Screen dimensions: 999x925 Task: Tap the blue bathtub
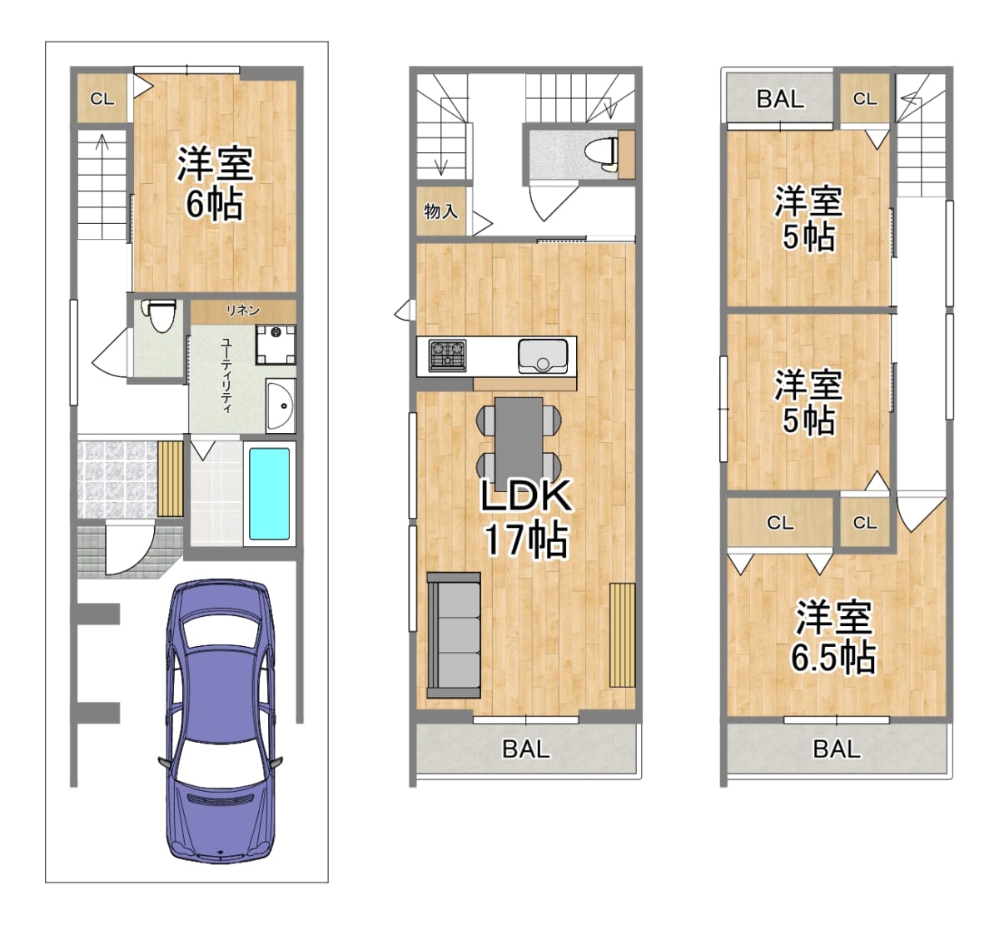pyautogui.click(x=269, y=494)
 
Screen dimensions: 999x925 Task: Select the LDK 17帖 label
pyautogui.click(x=525, y=519)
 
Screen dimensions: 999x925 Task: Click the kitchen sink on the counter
pyautogui.click(x=543, y=356)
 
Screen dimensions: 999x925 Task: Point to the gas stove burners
pyautogui.click(x=447, y=356)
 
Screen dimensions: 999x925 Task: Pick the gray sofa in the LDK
pyautogui.click(x=453, y=635)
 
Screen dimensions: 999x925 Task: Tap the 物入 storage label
pyautogui.click(x=440, y=211)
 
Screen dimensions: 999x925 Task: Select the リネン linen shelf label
pyautogui.click(x=243, y=311)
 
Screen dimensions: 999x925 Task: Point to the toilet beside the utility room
pyautogui.click(x=160, y=315)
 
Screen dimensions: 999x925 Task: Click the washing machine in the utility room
pyautogui.click(x=276, y=345)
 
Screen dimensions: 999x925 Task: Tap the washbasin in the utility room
pyautogui.click(x=281, y=405)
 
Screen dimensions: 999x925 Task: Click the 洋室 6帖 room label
pyautogui.click(x=215, y=183)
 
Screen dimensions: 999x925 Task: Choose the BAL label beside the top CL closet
pyautogui.click(x=780, y=99)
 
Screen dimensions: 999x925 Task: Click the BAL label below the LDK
pyautogui.click(x=526, y=749)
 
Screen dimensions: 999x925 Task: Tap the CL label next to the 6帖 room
pyautogui.click(x=102, y=99)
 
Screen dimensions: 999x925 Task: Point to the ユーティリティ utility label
pyautogui.click(x=227, y=375)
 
